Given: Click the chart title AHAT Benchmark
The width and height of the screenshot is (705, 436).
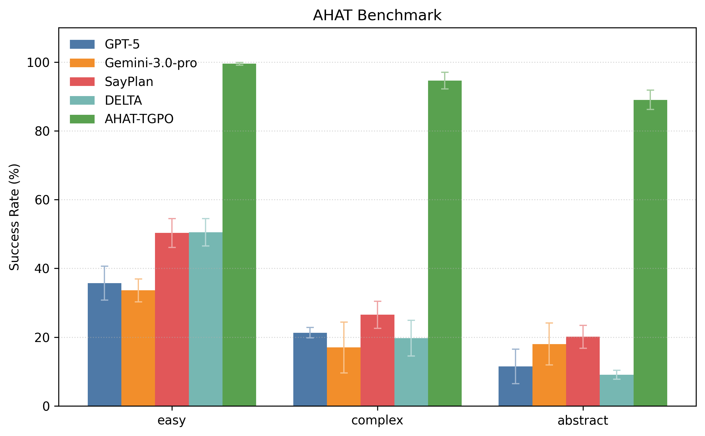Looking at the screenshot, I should (377, 15).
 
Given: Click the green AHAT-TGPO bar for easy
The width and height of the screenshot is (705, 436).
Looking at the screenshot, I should (239, 235).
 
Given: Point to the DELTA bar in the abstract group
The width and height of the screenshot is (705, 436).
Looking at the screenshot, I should (616, 390).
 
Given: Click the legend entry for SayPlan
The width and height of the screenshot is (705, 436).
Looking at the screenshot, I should (129, 82).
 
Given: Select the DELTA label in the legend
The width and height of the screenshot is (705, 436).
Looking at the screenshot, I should (123, 101).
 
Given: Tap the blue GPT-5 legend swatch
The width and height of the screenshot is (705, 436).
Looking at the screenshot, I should (82, 44).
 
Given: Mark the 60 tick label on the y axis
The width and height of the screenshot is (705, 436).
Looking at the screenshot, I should (42, 200).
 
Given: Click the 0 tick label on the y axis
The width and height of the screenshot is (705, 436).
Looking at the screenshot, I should (46, 406).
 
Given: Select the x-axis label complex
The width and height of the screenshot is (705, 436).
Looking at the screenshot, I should (377, 421).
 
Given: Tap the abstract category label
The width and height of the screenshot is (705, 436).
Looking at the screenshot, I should (582, 421).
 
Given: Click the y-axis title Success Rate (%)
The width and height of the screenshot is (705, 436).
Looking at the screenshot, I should (14, 217).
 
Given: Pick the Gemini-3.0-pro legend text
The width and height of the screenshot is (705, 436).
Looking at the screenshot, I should (151, 63).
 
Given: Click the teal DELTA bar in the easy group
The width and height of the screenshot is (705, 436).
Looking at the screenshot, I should (206, 319).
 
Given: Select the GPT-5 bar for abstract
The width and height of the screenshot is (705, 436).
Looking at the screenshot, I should (515, 386).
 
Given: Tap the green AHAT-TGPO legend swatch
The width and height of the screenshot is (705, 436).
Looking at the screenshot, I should (82, 119).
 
